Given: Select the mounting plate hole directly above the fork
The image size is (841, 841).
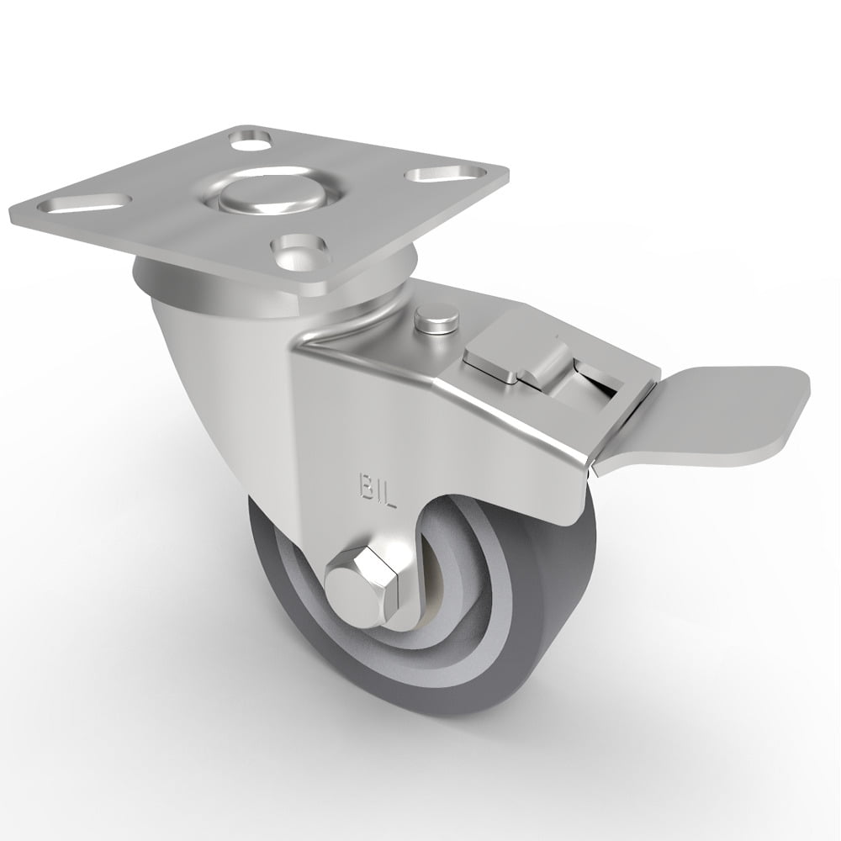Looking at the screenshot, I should [x=299, y=246].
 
